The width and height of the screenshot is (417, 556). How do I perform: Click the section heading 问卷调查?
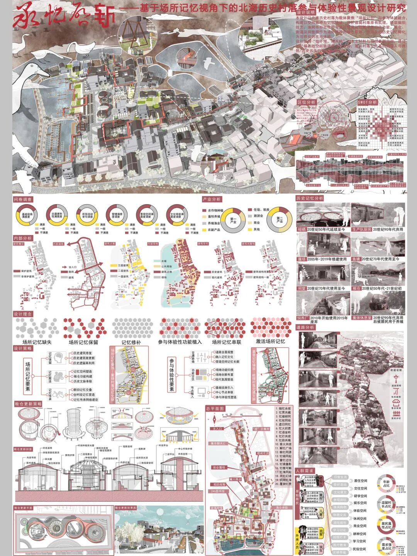pyautogui.click(x=23, y=200)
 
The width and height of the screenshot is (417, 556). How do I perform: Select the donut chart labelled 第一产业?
pyautogui.click(x=233, y=220)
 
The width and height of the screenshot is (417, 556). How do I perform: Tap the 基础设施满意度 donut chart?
pyautogui.click(x=27, y=215)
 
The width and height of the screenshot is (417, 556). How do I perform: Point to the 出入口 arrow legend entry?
pyautogui.click(x=72, y=267)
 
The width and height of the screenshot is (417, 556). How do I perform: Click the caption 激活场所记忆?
pyautogui.click(x=270, y=342)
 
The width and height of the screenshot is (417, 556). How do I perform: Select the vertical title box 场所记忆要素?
pyautogui.click(x=28, y=377)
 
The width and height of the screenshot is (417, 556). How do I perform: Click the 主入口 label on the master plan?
pyautogui.click(x=217, y=429)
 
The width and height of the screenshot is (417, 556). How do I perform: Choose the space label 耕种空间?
pyautogui.click(x=360, y=534)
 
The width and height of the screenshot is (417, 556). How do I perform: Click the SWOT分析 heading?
pyautogui.click(x=367, y=102)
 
